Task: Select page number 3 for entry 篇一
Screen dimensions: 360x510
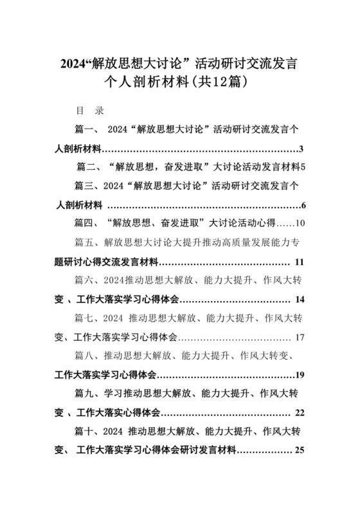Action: pyautogui.click(x=301, y=149)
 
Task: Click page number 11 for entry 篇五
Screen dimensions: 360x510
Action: pyautogui.click(x=299, y=262)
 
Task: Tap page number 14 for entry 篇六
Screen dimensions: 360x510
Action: pyautogui.click(x=300, y=300)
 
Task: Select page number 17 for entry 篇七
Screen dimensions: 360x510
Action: pyautogui.click(x=300, y=337)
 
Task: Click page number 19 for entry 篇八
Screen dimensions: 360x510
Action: pyautogui.click(x=299, y=375)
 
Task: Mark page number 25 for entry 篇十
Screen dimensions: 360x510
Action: pyautogui.click(x=299, y=450)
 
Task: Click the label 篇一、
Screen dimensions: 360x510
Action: pyautogui.click(x=86, y=130)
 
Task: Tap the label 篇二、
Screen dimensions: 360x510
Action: pyautogui.click(x=88, y=167)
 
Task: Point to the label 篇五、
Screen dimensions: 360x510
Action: pyautogui.click(x=86, y=243)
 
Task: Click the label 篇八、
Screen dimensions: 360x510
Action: pyautogui.click(x=86, y=356)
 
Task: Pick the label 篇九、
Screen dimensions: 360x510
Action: pyautogui.click(x=86, y=394)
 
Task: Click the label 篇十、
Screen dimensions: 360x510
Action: pyautogui.click(x=86, y=431)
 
